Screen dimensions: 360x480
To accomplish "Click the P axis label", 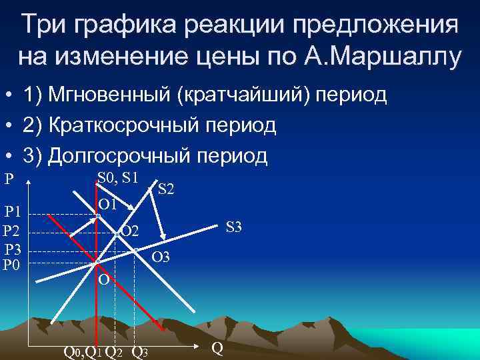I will click(9, 179).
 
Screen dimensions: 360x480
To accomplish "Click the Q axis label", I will click(217, 347).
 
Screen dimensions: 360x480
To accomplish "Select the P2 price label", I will click(13, 231).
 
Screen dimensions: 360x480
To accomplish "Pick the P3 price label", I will click(13, 250).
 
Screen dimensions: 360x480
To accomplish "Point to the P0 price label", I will click(13, 265).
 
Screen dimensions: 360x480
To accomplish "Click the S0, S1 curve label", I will click(117, 177).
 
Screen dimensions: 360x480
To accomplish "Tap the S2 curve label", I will click(166, 189).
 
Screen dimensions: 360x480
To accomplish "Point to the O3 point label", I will click(161, 257).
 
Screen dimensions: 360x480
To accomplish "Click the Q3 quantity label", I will click(140, 351).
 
